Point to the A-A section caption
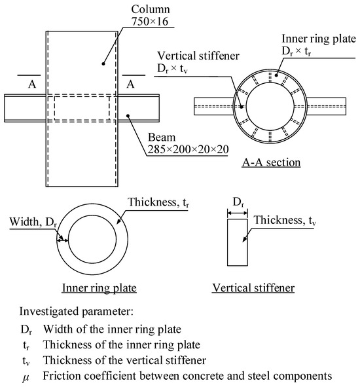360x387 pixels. pos(271,162)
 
